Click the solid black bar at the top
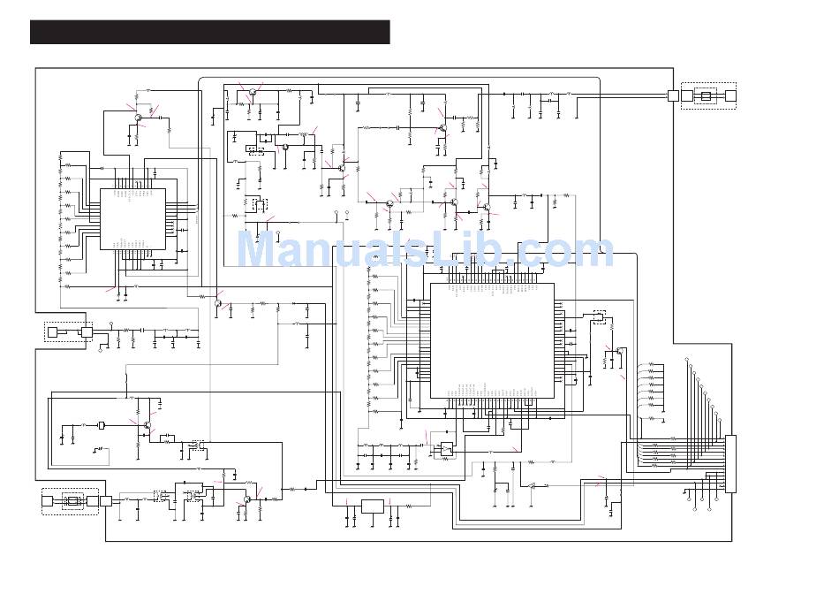[209, 32]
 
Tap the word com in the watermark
[564, 251]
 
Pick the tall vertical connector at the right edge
[730, 464]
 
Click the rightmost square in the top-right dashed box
[729, 95]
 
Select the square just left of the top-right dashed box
[673, 95]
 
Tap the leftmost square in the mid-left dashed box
[52, 332]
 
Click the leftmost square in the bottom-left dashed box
[48, 501]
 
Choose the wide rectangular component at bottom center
[373, 506]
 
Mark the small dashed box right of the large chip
[600, 316]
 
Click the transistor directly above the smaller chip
[138, 117]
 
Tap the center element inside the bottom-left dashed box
[72, 501]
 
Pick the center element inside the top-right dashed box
[706, 95]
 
